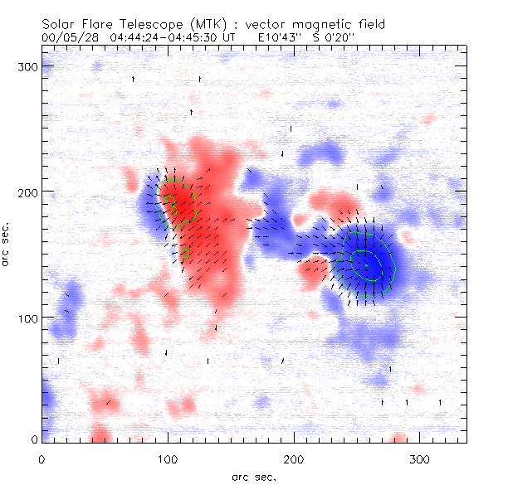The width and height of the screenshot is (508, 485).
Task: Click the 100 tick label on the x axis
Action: (168, 458)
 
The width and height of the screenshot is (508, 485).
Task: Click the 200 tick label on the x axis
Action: (294, 458)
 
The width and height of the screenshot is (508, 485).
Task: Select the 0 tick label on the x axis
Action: (42, 458)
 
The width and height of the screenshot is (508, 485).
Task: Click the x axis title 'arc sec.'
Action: (253, 477)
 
